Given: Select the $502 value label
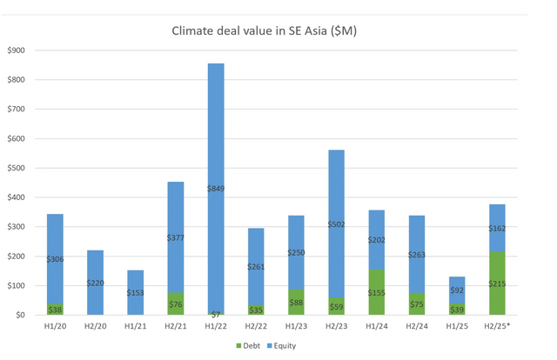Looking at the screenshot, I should point(336,223).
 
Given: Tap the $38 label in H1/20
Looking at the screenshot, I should point(55,310).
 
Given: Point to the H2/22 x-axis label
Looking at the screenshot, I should point(257,326).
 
